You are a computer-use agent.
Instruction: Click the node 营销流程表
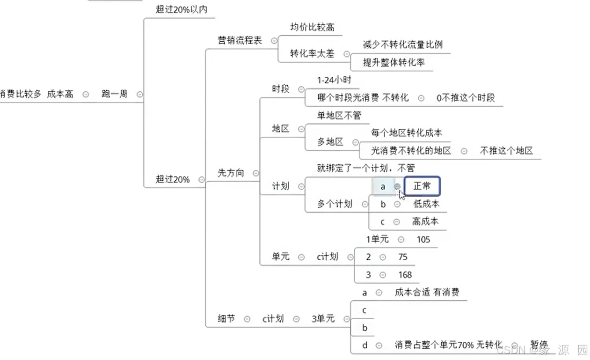coord(240,40)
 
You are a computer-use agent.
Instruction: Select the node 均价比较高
coord(312,27)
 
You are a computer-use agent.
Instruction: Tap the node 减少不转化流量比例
coord(402,45)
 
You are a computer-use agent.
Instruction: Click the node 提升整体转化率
coord(393,63)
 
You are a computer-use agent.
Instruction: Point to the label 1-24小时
coord(334,80)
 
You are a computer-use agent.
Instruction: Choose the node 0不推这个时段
coord(465,98)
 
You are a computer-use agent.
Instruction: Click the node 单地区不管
coord(339,115)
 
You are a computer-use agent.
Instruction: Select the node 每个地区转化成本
coord(406,132)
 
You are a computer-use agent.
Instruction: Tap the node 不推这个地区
coord(506,151)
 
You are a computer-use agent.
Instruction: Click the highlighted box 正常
coord(422,186)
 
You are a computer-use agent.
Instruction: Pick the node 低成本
coord(426,204)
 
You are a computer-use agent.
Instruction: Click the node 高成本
coord(425,221)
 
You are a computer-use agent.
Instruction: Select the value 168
coord(405,275)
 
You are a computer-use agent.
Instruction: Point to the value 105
coord(423,239)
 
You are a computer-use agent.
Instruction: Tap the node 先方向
coord(231,173)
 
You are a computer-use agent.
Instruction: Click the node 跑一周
coord(115,94)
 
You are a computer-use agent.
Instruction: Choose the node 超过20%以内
coord(181,9)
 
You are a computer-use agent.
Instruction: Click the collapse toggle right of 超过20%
coord(201,179)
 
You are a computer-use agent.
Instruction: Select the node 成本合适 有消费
coord(427,293)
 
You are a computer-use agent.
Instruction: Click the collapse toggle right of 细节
coord(247,319)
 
